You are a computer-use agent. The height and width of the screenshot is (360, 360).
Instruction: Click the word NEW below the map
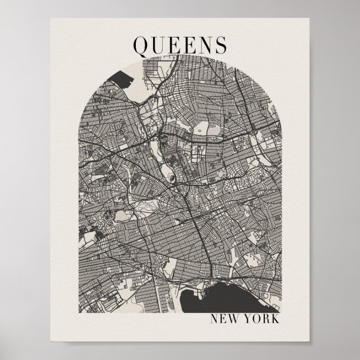pyautogui.click(x=223, y=320)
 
